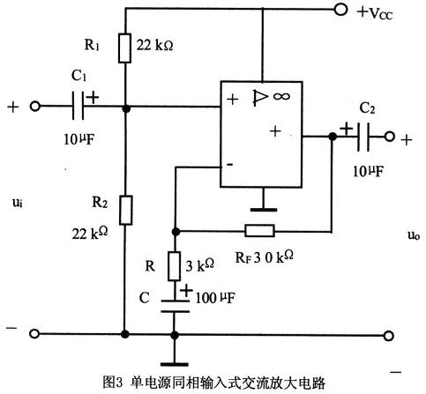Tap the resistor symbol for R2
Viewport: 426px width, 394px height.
tap(125, 209)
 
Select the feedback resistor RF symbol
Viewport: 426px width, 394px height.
tap(260, 231)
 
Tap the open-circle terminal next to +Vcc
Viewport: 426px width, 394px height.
tap(341, 11)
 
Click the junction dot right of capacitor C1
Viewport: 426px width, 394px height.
tap(125, 108)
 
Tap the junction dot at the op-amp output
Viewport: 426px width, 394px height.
tap(333, 137)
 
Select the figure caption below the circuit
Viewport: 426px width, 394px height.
tap(214, 383)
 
